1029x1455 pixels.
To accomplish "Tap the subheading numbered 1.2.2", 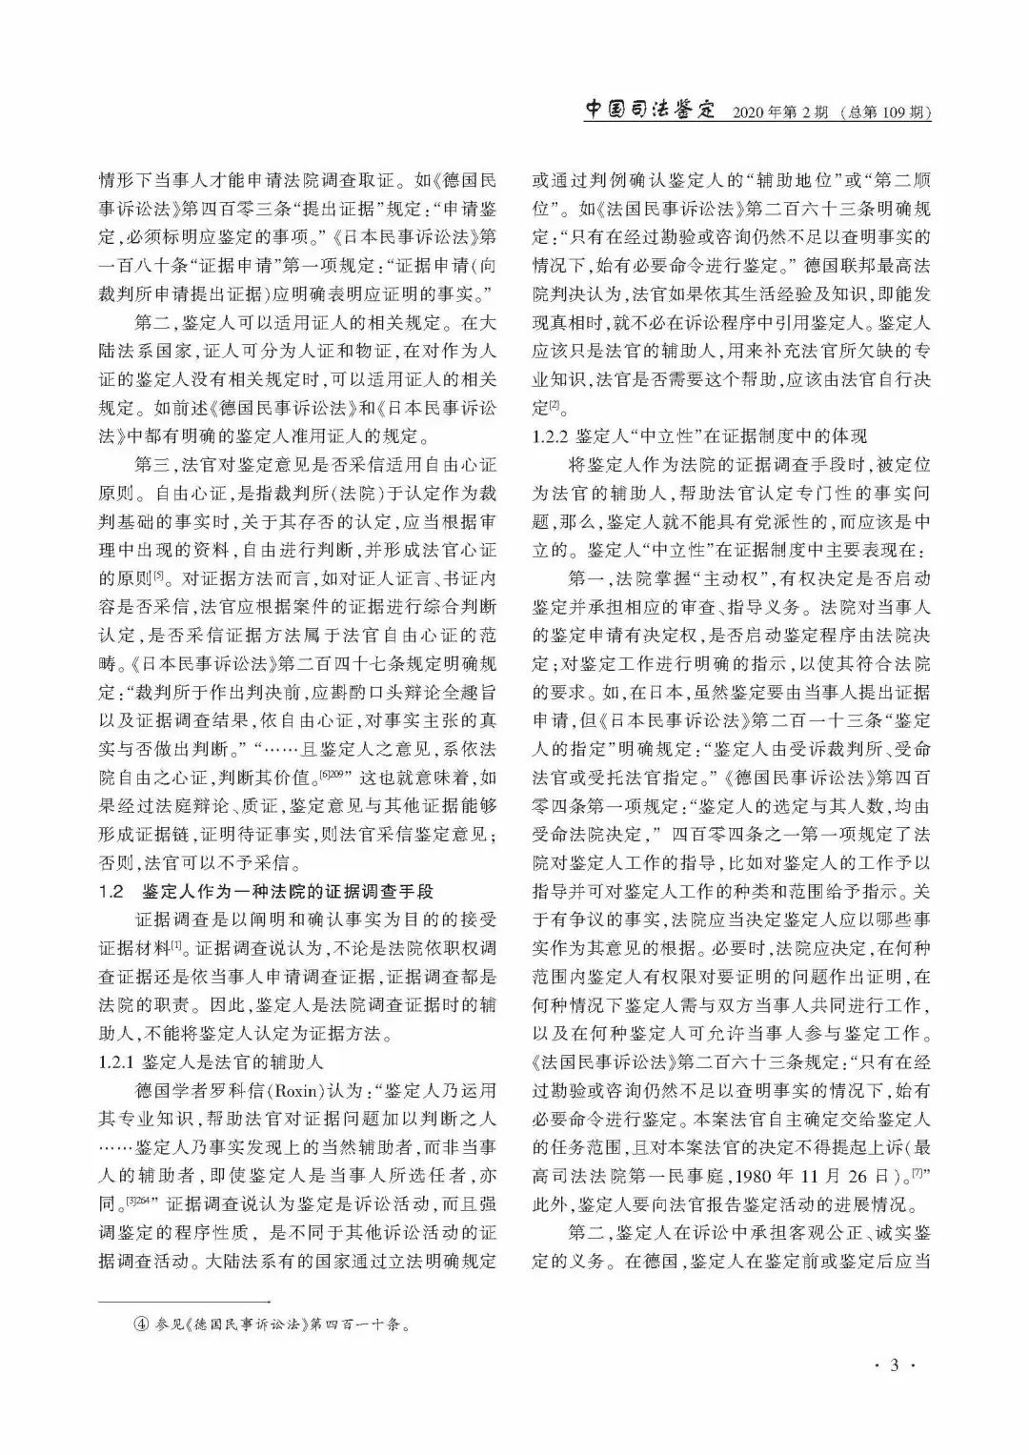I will (x=700, y=436).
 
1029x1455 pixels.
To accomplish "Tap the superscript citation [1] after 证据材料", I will (x=176, y=944).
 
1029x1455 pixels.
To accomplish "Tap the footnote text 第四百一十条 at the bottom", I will (x=357, y=1324).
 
